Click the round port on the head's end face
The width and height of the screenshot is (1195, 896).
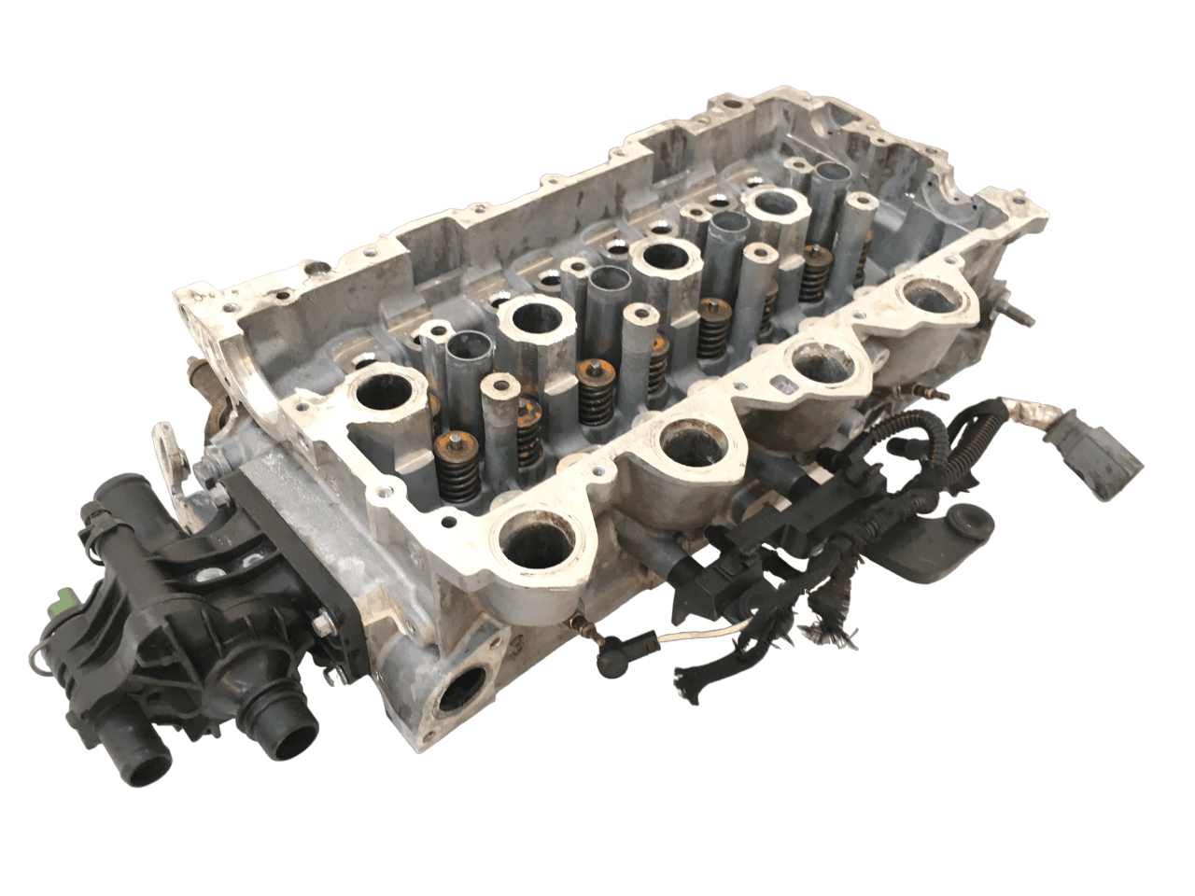(462, 695)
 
